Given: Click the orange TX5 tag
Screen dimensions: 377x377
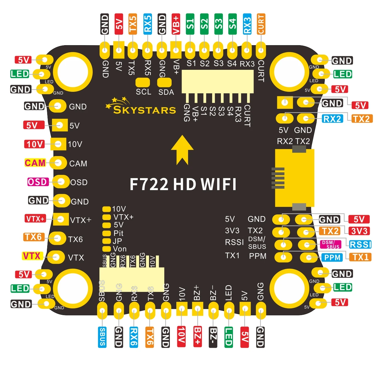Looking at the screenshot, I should point(133,24).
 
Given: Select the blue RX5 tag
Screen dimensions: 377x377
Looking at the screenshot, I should point(147,24).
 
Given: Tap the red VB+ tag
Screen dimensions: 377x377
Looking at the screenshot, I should point(176,24).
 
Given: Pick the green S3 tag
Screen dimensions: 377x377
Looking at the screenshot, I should point(218,24).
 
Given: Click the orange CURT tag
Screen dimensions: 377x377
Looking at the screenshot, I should point(261,24).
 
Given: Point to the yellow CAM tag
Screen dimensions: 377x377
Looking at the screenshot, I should point(35,163).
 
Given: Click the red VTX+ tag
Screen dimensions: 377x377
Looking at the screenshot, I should point(35,219).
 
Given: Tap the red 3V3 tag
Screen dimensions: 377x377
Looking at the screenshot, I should point(359,231).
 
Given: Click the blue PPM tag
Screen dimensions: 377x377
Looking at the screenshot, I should point(332,258).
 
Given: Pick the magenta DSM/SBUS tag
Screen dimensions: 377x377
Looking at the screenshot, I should point(331,244).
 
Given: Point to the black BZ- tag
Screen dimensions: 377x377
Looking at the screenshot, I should point(213,337).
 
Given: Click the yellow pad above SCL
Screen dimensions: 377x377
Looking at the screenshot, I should point(143,82).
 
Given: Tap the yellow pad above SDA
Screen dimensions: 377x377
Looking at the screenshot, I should point(164,82).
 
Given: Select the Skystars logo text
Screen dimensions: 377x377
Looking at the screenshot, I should point(144,110).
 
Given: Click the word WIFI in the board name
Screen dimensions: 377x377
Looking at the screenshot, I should point(219,184).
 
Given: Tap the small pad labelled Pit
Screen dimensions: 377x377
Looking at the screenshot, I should point(106,233).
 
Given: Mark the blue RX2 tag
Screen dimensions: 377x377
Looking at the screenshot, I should point(332,119).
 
